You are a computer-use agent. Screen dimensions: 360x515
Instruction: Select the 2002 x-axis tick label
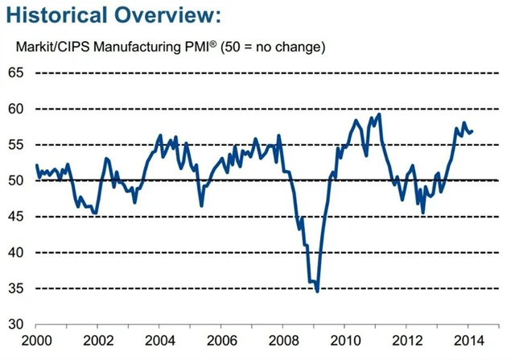click(98, 341)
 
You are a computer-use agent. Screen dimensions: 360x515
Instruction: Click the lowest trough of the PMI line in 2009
click(318, 291)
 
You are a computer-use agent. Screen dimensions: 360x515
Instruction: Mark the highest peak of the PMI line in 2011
click(379, 114)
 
